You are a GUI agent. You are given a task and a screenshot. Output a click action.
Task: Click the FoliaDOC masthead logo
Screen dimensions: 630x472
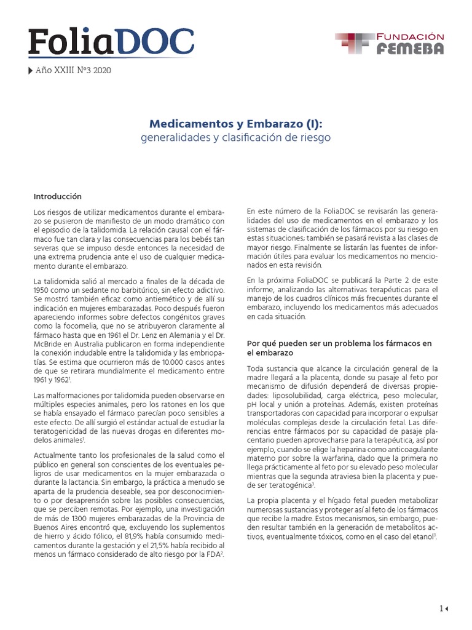(x=111, y=42)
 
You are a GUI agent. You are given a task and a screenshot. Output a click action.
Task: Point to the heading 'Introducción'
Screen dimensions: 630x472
(x=58, y=196)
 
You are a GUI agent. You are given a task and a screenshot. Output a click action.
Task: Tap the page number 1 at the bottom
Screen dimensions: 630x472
(x=441, y=608)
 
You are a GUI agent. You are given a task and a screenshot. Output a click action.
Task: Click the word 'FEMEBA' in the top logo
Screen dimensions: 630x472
(x=410, y=49)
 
